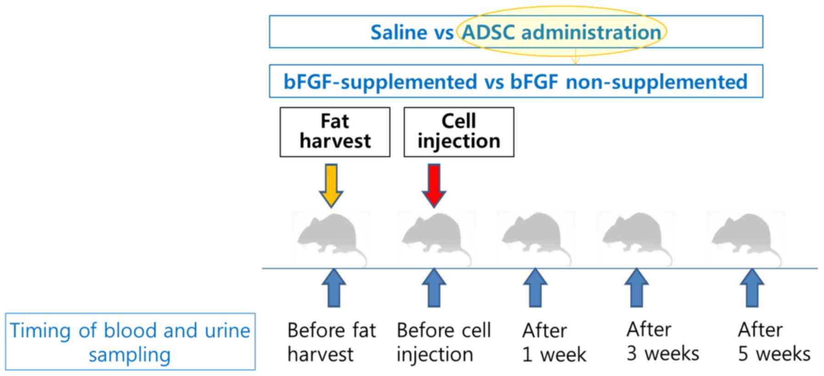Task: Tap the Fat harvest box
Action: click(335, 132)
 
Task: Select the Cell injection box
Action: click(459, 132)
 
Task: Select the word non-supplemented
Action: click(656, 82)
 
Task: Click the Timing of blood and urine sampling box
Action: click(130, 342)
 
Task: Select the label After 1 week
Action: click(554, 342)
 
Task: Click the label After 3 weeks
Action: click(662, 342)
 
